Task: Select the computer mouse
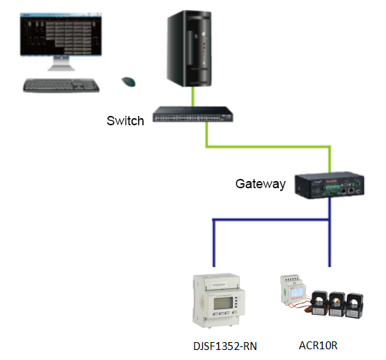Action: tap(129, 82)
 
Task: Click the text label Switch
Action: tap(125, 121)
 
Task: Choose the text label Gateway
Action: tap(260, 184)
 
